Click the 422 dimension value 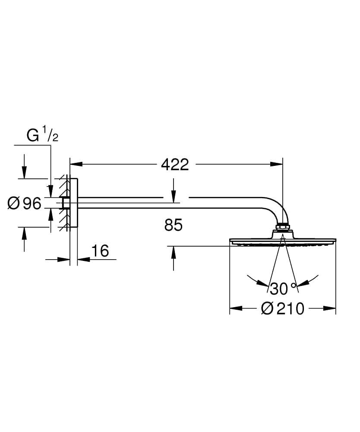pyautogui.click(x=175, y=164)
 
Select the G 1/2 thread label pyautogui.click(x=42, y=136)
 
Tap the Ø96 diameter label pyautogui.click(x=25, y=203)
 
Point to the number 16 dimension pyautogui.click(x=100, y=251)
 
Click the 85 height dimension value pyautogui.click(x=174, y=225)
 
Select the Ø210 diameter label pyautogui.click(x=283, y=308)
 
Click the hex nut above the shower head pyautogui.click(x=282, y=226)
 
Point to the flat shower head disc pyautogui.click(x=282, y=240)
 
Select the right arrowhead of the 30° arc pyautogui.click(x=303, y=283)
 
